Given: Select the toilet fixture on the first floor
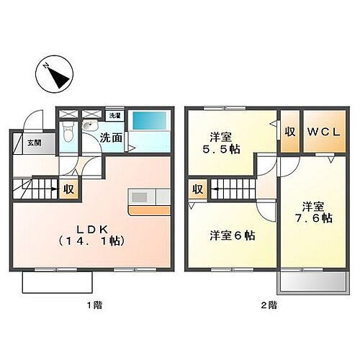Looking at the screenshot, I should point(68,131).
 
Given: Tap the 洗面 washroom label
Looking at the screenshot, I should point(111,137).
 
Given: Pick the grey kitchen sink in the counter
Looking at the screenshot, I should point(138,196).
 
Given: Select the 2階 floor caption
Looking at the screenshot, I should point(268,305).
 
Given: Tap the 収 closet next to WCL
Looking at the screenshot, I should point(289,132).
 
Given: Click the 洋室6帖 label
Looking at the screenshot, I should point(232,235).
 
